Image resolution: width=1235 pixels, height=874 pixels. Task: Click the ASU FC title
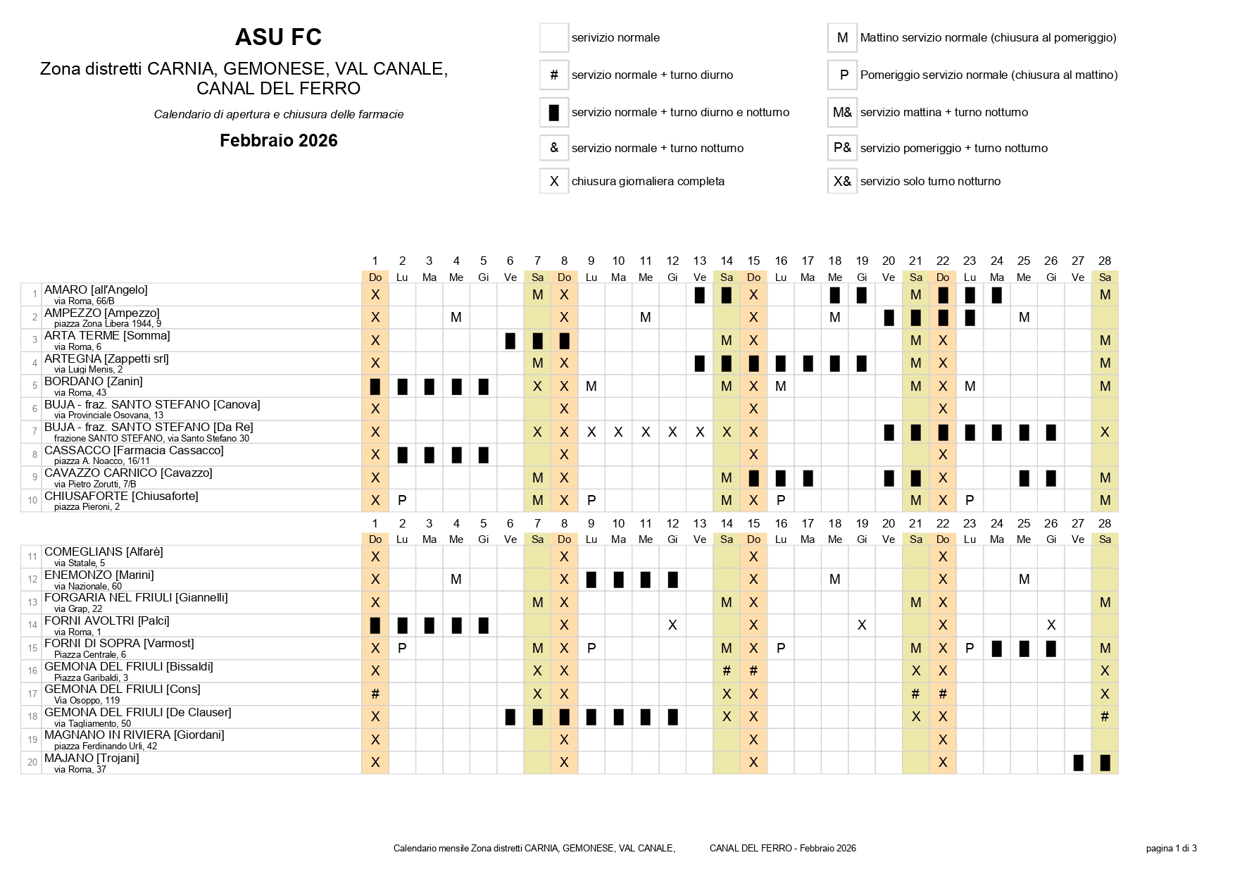(278, 37)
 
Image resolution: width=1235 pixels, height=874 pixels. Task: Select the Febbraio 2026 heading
(278, 141)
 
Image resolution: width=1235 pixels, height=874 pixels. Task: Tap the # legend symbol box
(554, 75)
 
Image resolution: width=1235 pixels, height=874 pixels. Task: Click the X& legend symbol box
(842, 181)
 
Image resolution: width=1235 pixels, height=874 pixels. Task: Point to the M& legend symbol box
(842, 112)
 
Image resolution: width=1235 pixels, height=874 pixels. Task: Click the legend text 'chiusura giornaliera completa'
(648, 181)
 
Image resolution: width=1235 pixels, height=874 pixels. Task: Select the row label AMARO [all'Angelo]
(96, 289)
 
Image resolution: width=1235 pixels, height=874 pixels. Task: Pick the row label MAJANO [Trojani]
(92, 758)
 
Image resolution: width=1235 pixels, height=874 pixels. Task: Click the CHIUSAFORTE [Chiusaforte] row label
(121, 496)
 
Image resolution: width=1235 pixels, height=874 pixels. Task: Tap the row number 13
(32, 602)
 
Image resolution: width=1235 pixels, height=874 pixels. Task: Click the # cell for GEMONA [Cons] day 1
(375, 694)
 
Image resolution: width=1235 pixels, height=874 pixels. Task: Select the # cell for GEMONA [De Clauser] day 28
(1105, 716)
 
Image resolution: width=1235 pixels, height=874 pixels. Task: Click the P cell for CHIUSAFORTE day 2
(402, 500)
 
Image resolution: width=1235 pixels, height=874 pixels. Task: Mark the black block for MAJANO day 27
(1078, 762)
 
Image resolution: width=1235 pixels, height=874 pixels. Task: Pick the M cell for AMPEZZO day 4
(456, 317)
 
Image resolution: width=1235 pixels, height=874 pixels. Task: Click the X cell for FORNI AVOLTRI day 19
(862, 625)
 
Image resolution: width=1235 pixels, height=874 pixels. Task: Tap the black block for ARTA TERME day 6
(510, 341)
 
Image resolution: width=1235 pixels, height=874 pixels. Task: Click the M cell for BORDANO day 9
(591, 386)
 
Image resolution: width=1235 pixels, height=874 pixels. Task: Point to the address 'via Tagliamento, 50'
(92, 723)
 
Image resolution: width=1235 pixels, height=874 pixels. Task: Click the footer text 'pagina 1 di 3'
(1171, 848)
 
